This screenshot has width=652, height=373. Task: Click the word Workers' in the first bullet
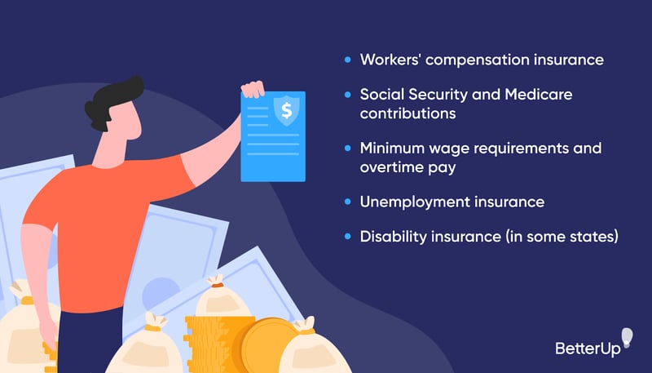(390, 60)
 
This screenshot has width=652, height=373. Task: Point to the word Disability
(390, 236)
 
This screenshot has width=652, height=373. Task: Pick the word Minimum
(390, 148)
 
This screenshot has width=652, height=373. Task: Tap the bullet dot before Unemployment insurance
(348, 201)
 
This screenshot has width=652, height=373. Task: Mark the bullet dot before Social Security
(348, 95)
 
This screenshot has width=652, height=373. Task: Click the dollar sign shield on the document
(285, 111)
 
